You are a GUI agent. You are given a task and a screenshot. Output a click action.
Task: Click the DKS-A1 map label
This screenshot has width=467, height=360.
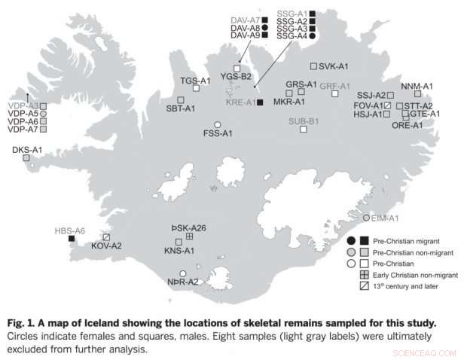[27, 150]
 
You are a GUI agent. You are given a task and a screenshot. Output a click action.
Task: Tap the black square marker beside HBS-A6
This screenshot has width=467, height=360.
[72, 239]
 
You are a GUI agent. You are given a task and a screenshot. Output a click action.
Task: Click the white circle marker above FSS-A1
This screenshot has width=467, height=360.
[218, 124]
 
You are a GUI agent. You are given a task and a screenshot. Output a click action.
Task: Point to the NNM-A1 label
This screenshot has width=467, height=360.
[417, 86]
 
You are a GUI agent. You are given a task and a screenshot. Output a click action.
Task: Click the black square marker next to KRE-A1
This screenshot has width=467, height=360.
[260, 102]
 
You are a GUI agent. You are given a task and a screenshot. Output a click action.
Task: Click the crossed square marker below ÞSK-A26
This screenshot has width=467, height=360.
[189, 237]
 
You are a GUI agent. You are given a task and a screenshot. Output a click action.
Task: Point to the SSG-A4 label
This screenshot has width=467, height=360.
[291, 36]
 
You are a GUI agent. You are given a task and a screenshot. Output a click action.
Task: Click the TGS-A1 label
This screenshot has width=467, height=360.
[195, 80]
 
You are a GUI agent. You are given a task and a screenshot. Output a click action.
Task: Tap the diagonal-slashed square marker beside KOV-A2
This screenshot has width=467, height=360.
[107, 236]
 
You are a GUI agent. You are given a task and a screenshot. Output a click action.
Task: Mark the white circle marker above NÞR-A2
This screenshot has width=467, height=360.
[182, 273]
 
